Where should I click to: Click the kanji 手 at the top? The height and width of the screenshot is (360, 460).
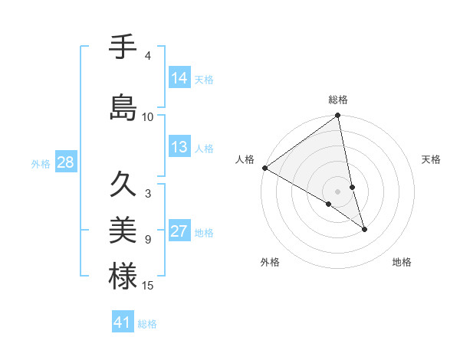pyautogui.click(x=123, y=47)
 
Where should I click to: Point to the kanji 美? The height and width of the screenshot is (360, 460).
pyautogui.click(x=123, y=229)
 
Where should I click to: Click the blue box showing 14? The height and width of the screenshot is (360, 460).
pyautogui.click(x=179, y=77)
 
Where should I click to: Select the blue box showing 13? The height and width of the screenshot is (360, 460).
pyautogui.click(x=179, y=147)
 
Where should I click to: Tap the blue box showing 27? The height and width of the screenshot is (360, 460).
pyautogui.click(x=179, y=231)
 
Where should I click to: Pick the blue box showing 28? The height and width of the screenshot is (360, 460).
pyautogui.click(x=65, y=162)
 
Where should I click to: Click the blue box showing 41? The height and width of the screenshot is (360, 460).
pyautogui.click(x=123, y=322)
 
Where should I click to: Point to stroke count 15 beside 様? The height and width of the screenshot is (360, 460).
pyautogui.click(x=148, y=286)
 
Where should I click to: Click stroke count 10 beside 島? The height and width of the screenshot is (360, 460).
pyautogui.click(x=148, y=116)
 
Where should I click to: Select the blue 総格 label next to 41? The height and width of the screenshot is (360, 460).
pyautogui.click(x=147, y=324)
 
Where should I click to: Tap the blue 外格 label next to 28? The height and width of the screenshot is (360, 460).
pyautogui.click(x=41, y=163)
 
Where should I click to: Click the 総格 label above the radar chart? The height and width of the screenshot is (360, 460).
pyautogui.click(x=338, y=100)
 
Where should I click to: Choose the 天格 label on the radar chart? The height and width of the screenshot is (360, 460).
pyautogui.click(x=432, y=159)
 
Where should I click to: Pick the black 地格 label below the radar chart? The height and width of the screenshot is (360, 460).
pyautogui.click(x=402, y=262)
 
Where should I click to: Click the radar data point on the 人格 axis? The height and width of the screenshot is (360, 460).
pyautogui.click(x=264, y=168)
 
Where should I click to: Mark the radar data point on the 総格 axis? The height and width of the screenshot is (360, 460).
pyautogui.click(x=338, y=116)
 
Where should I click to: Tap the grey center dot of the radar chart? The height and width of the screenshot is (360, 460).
pyautogui.click(x=337, y=191)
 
